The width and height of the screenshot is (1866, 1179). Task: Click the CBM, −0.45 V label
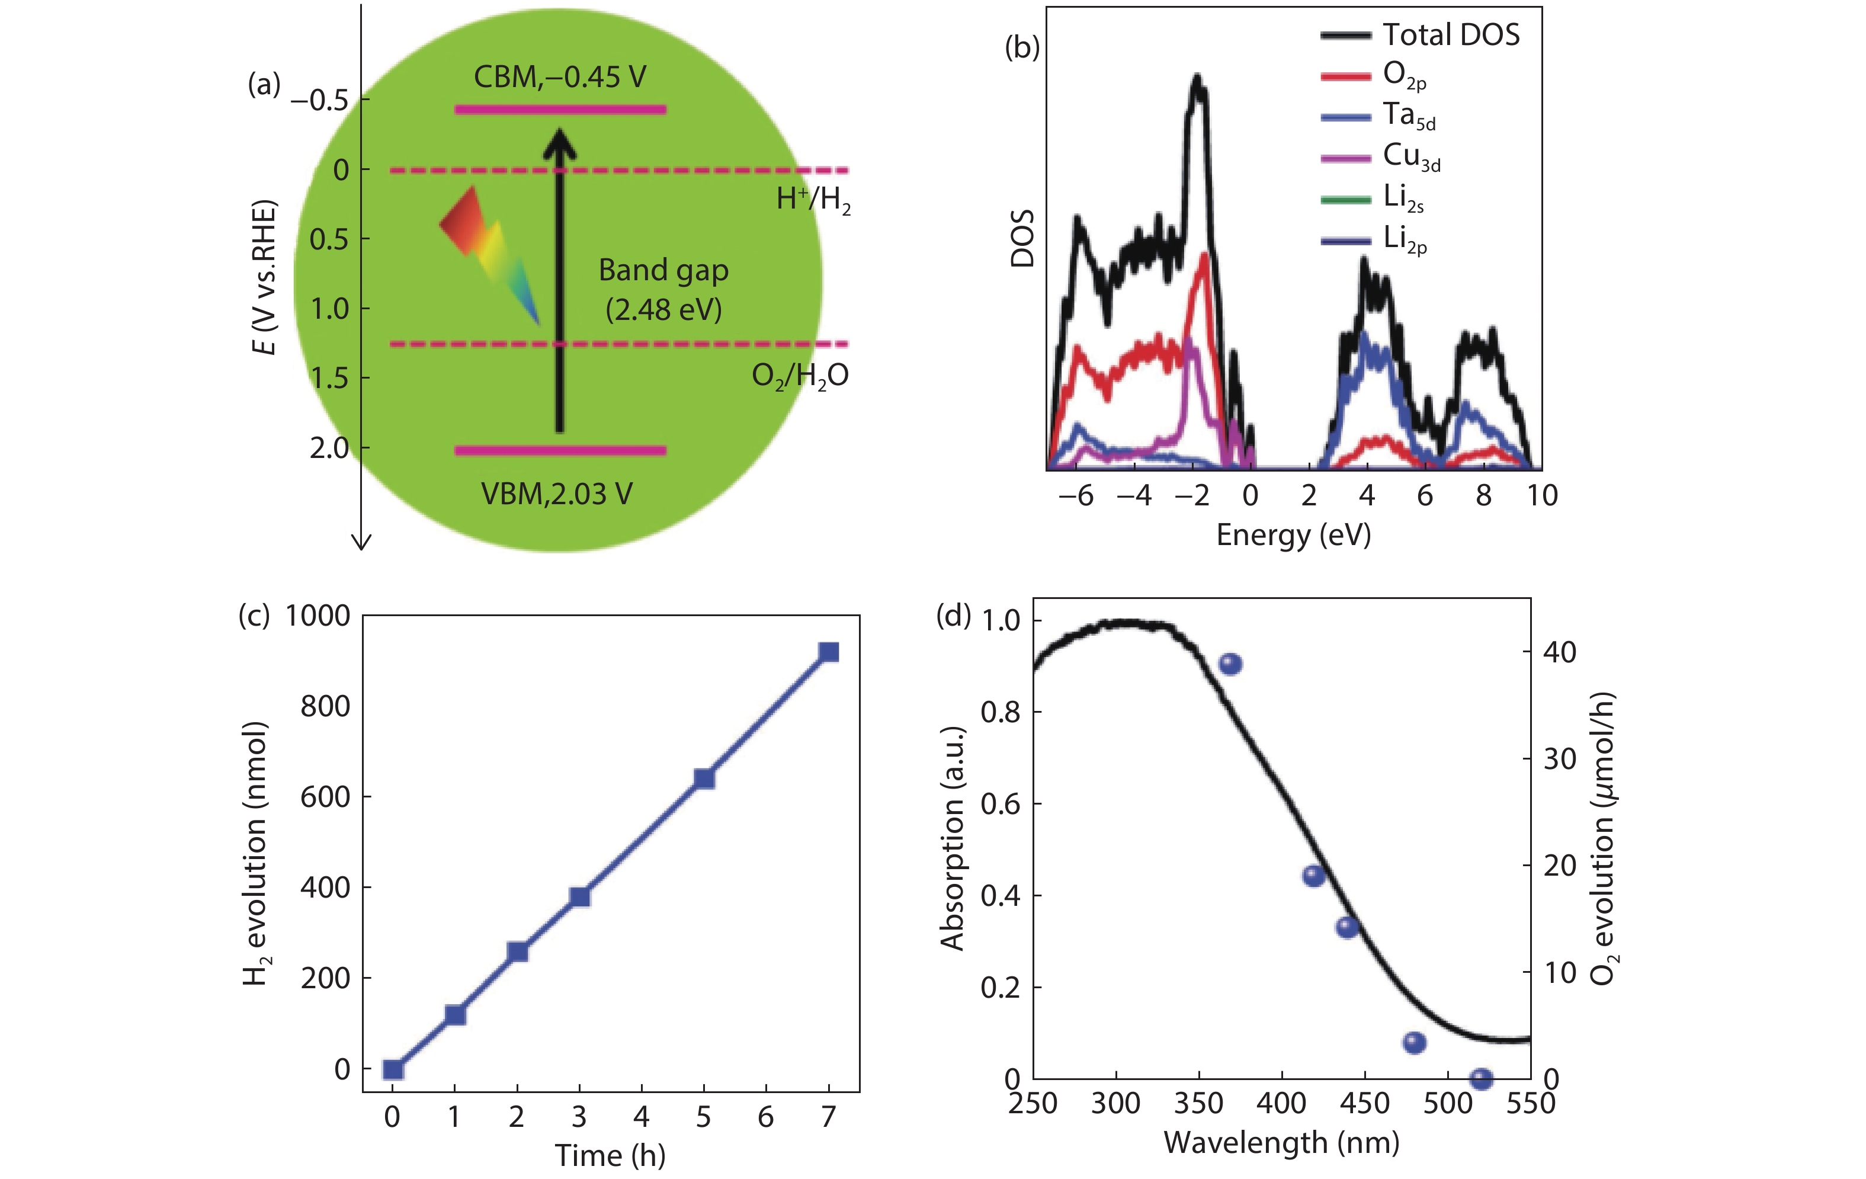pos(559,77)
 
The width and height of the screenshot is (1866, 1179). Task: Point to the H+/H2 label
pos(813,200)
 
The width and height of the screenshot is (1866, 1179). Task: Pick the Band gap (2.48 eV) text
pos(663,289)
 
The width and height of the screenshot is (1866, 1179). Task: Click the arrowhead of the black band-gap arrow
pos(559,143)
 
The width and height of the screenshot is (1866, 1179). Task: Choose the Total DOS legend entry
pos(1420,35)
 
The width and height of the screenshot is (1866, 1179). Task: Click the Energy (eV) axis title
pos(1293,535)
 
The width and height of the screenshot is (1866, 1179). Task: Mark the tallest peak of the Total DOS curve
pos(1198,81)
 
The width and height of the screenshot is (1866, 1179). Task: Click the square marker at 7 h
pos(828,652)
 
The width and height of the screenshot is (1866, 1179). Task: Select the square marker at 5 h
pos(704,778)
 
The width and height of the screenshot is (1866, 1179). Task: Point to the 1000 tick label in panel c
pos(318,616)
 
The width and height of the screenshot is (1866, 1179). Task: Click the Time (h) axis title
pos(610,1155)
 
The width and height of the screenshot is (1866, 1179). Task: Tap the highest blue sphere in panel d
pos(1230,664)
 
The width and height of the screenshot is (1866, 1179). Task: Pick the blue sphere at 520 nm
pos(1481,1078)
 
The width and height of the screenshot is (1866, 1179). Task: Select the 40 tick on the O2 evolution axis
pos(1559,652)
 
